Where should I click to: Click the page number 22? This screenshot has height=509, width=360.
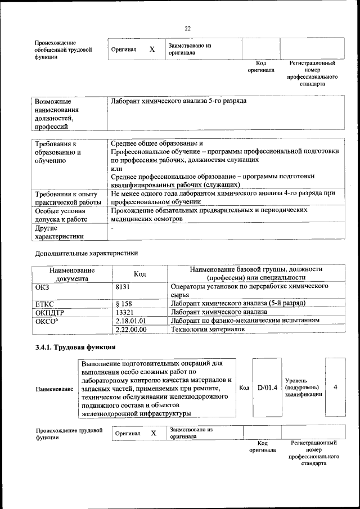click(187, 29)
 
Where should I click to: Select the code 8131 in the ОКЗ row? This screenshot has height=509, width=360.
click(123, 286)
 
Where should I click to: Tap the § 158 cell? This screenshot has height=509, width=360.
click(123, 303)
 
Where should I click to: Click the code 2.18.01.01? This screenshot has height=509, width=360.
click(130, 320)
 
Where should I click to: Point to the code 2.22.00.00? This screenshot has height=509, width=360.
click(130, 329)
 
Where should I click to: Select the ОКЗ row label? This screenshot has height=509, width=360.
click(42, 286)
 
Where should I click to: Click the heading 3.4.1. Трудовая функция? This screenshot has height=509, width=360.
click(75, 346)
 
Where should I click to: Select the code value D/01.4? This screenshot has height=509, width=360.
click(267, 387)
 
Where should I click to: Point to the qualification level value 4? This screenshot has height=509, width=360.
click(335, 387)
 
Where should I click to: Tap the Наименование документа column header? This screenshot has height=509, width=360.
click(71, 274)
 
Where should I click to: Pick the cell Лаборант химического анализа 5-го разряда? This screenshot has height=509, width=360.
click(178, 101)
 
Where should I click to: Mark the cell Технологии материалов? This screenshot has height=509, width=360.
click(208, 329)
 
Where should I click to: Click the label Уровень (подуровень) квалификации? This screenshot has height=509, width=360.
click(303, 388)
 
